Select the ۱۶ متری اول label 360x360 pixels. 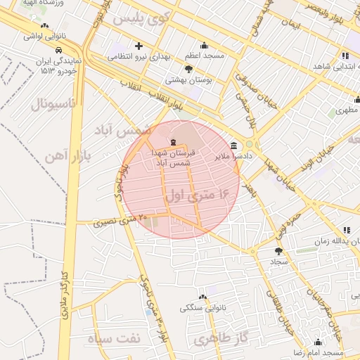click(198, 194)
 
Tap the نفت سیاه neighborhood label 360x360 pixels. click(114, 337)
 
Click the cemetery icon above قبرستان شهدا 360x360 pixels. click(174, 142)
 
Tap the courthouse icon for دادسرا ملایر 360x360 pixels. click(233, 146)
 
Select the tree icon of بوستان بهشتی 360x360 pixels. click(188, 68)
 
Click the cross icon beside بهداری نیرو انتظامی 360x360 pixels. click(139, 46)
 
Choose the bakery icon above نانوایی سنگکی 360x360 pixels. click(202, 297)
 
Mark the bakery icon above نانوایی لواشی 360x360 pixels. click(44, 25)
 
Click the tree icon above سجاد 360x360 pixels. click(279, 250)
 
